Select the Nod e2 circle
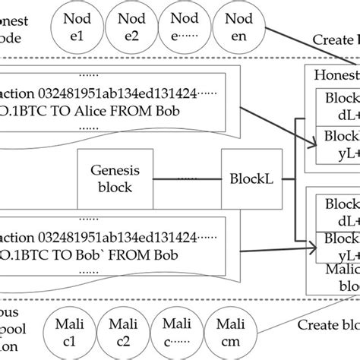pos(128,27)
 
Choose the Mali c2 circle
pos(128,332)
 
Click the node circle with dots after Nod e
pos(183,27)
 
